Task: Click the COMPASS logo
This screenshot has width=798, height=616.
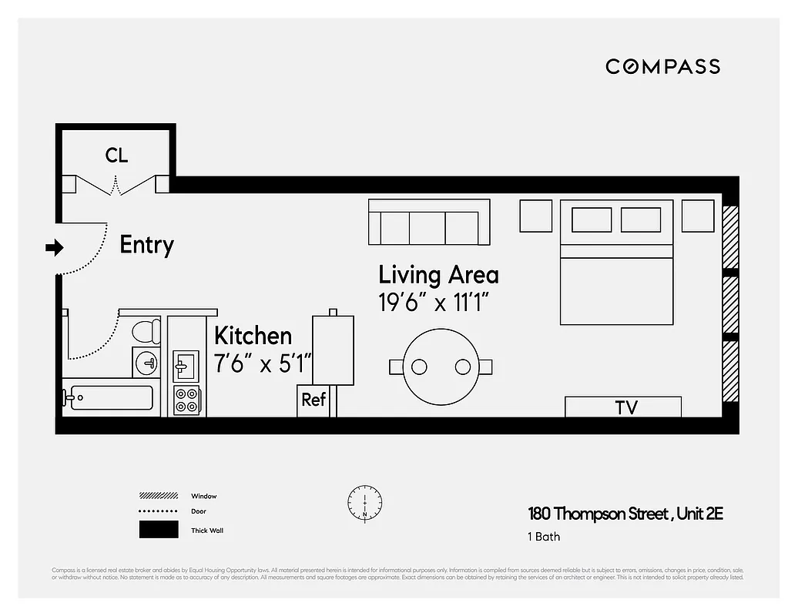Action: point(662,67)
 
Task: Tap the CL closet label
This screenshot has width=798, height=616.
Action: point(116,156)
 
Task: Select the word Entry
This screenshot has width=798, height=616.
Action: point(146,246)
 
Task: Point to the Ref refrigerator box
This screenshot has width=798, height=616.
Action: point(313,400)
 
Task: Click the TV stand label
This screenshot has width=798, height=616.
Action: point(625,407)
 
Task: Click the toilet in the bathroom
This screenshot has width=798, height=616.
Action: point(144,332)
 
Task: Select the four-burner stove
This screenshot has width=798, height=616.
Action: point(186,399)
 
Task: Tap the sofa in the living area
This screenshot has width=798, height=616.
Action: point(429,223)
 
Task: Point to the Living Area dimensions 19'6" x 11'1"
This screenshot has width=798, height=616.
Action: point(434,303)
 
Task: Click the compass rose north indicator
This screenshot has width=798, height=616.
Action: point(364,501)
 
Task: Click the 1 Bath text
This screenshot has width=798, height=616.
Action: point(544,537)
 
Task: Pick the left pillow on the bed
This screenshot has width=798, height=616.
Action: point(592,219)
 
